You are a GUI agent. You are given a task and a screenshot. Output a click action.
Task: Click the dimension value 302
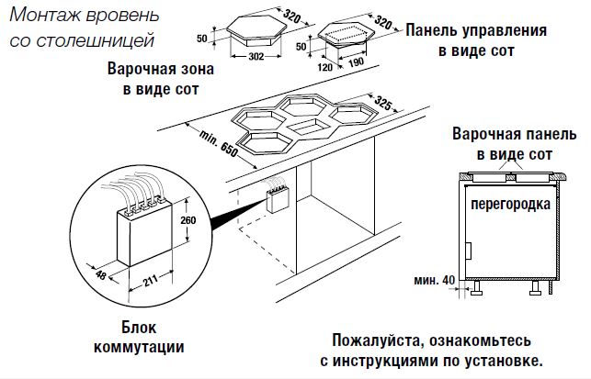click(256, 55)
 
